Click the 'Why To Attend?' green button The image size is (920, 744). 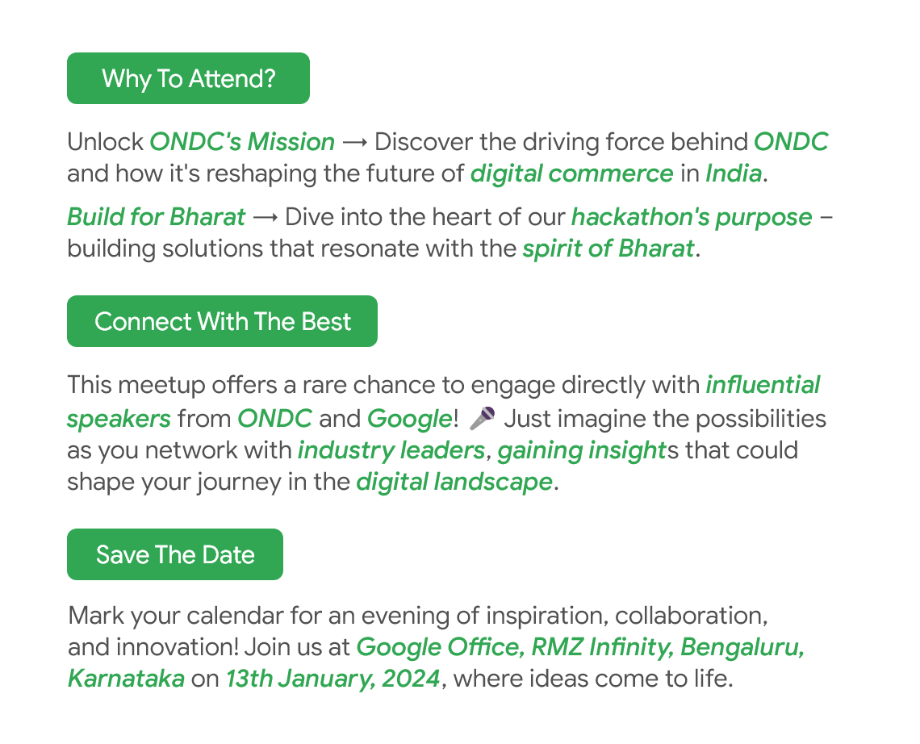pyautogui.click(x=188, y=78)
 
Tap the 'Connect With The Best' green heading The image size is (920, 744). pyautogui.click(x=223, y=321)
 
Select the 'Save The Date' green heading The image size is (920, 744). pyautogui.click(x=175, y=554)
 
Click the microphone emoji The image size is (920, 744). pyautogui.click(x=483, y=418)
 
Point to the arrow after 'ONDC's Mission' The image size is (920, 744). pyautogui.click(x=355, y=143)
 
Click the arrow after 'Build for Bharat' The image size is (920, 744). pyautogui.click(x=266, y=218)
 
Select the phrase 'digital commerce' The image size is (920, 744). pyautogui.click(x=572, y=173)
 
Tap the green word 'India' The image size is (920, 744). pyautogui.click(x=734, y=173)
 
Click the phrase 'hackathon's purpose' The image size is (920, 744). pyautogui.click(x=692, y=217)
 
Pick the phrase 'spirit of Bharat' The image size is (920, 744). pyautogui.click(x=608, y=249)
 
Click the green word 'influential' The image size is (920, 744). pyautogui.click(x=763, y=385)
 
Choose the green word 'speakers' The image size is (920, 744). pyautogui.click(x=119, y=419)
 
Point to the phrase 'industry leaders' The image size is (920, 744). pyautogui.click(x=391, y=450)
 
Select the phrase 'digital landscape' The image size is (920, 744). pyautogui.click(x=454, y=483)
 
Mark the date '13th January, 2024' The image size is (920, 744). pyautogui.click(x=333, y=679)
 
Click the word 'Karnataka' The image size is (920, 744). pyautogui.click(x=126, y=679)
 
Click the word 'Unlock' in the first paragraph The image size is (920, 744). pyautogui.click(x=105, y=142)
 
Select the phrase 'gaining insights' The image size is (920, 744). pyautogui.click(x=582, y=450)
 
